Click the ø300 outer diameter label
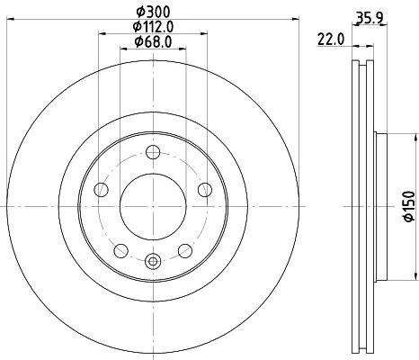151,12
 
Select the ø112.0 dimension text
151,26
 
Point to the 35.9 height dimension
377,16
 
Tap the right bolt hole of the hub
204,189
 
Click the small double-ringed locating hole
151,262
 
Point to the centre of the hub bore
151,206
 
